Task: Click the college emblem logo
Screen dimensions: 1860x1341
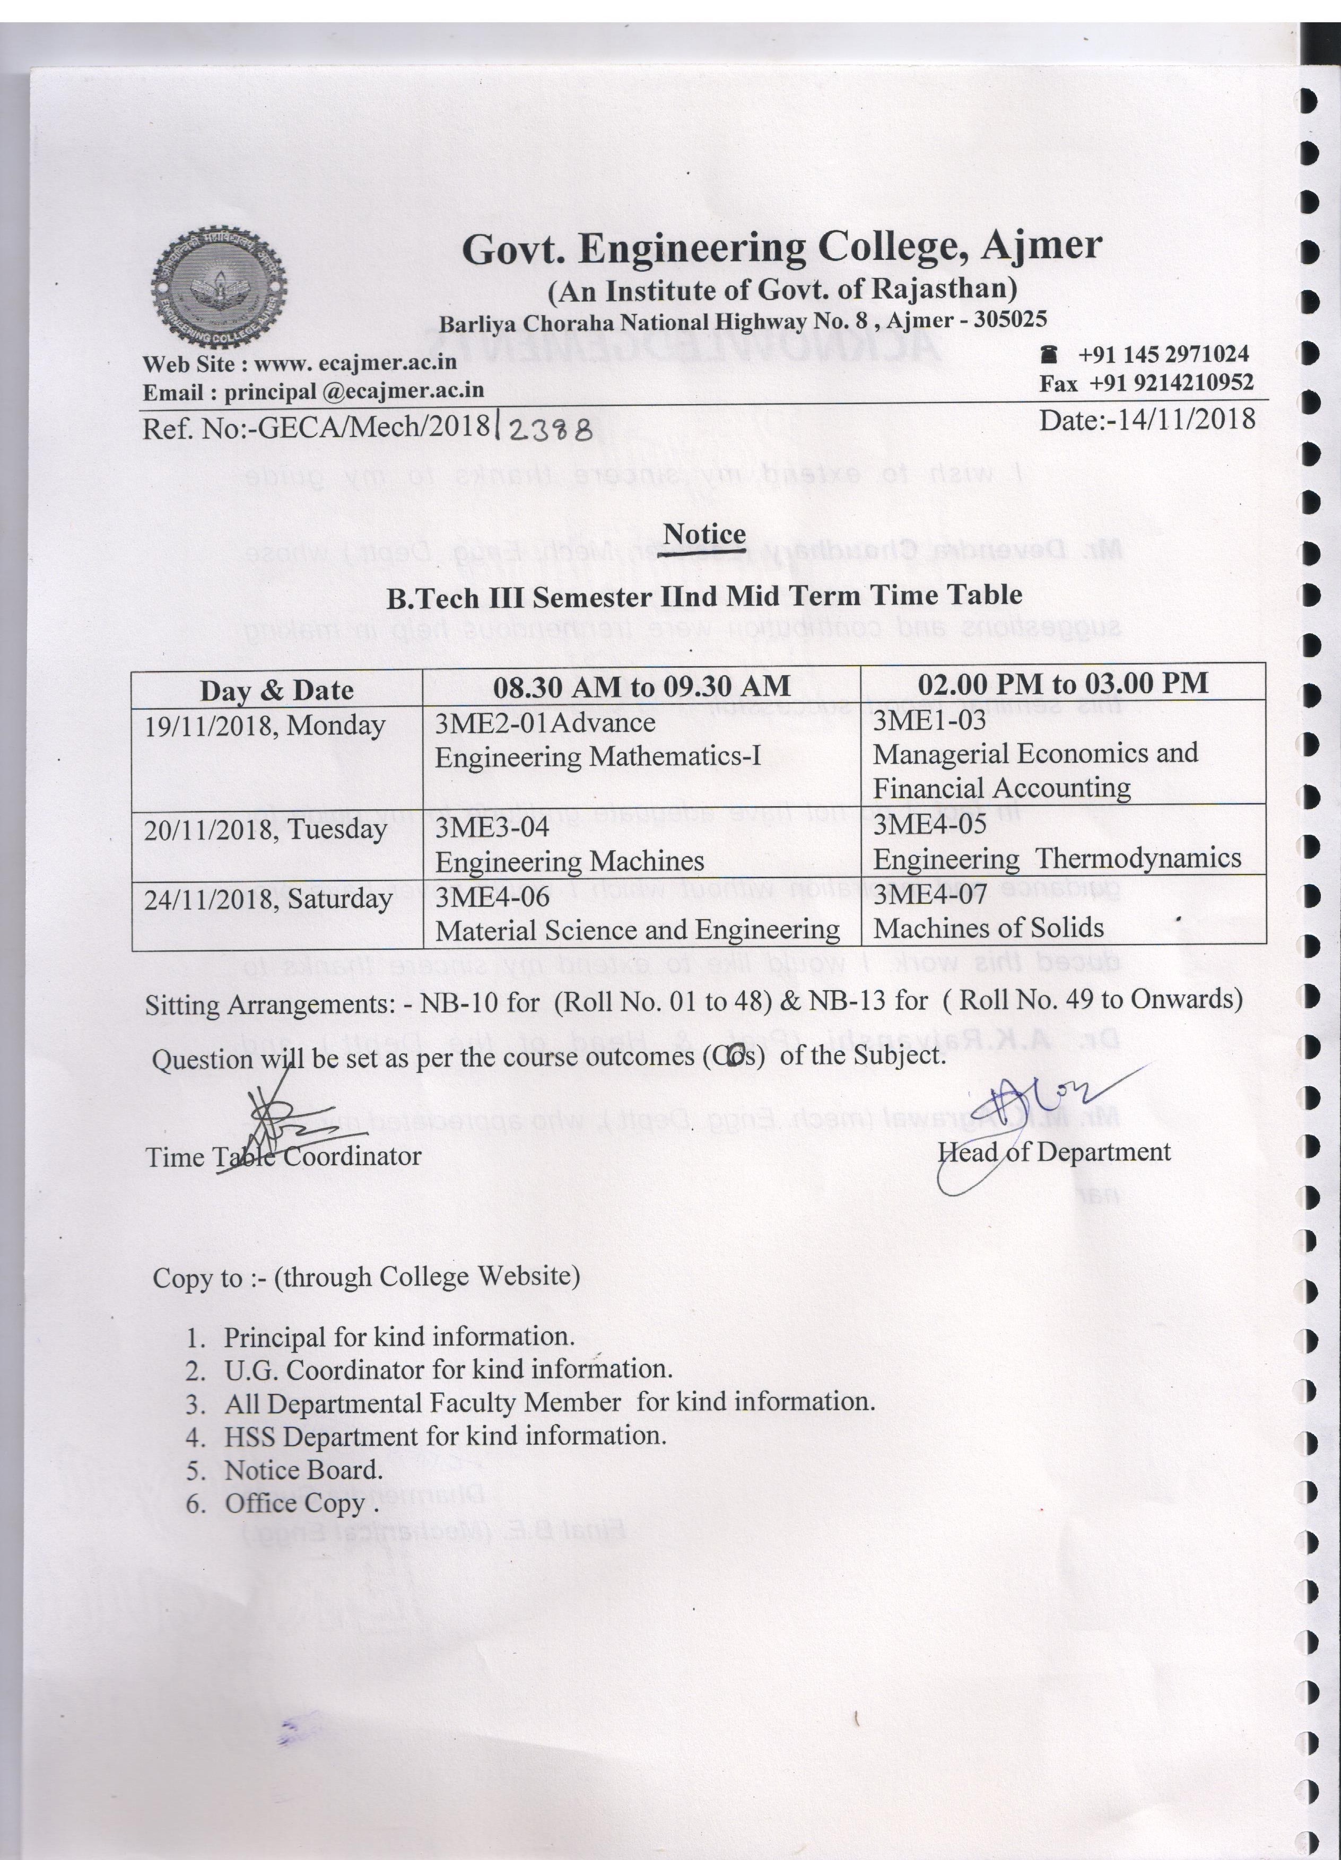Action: pos(219,287)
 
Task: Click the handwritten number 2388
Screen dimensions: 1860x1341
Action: pos(550,430)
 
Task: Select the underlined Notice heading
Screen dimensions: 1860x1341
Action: pos(704,535)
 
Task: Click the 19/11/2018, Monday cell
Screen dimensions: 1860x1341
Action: pos(265,725)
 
